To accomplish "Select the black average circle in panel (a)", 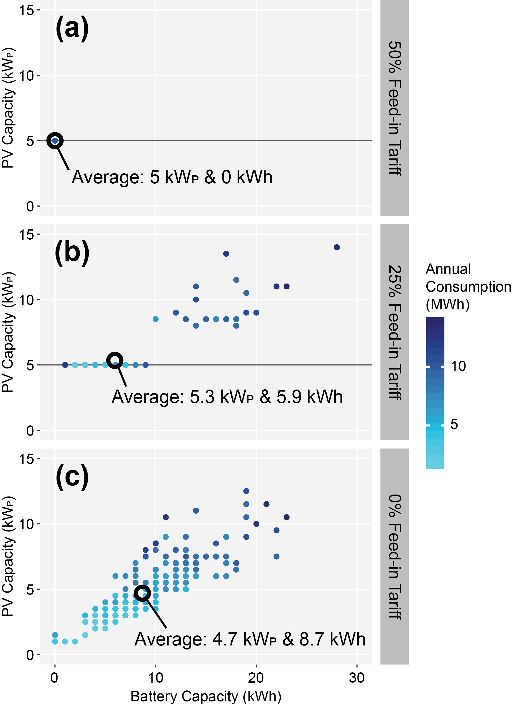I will pos(55,141).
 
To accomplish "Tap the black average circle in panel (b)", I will pos(115,360).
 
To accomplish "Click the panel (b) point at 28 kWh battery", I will pos(337,247).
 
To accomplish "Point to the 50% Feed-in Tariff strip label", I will pos(395,108).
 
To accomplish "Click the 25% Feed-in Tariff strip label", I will pos(395,332).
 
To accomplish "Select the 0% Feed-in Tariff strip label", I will pos(395,556).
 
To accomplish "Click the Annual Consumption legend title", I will pos(468,287).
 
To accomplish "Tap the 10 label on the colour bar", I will pos(458,366).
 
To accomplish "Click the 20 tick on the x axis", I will pos(256,678).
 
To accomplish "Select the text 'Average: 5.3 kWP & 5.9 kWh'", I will pos(227,397).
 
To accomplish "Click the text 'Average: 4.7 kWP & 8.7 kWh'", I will pos(250,639).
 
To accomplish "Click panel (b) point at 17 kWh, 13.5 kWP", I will pos(226,254).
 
